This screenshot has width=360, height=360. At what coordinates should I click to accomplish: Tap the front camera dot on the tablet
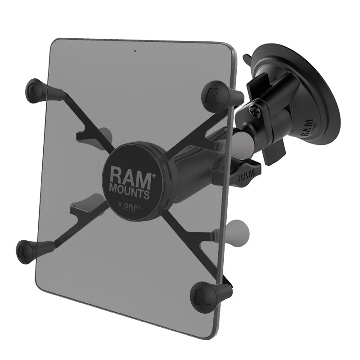click(x=135, y=50)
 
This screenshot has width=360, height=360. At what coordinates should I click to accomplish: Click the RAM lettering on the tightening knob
click(x=245, y=175)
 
